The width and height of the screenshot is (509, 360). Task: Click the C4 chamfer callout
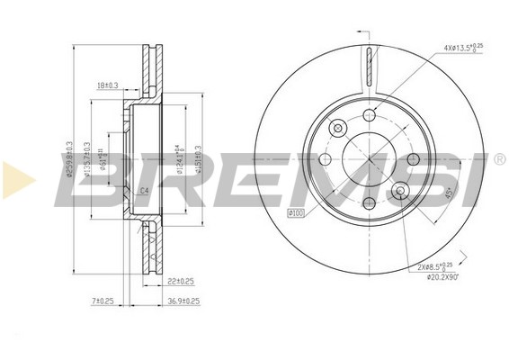142,191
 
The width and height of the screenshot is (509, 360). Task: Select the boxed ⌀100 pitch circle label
294,213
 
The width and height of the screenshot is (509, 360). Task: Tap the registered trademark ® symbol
499,159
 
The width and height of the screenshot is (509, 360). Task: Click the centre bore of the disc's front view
368,159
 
